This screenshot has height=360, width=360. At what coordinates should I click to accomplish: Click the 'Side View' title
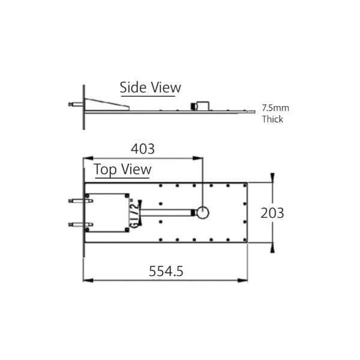[150, 87]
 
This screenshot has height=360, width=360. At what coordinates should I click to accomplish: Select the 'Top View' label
[122, 170]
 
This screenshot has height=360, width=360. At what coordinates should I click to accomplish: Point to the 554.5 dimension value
[166, 271]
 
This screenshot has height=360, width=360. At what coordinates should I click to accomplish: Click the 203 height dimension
[272, 212]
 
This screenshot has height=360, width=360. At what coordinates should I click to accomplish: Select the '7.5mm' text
[275, 109]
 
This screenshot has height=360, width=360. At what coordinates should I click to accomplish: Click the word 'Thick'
[272, 119]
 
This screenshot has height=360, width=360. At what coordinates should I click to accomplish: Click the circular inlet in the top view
[202, 212]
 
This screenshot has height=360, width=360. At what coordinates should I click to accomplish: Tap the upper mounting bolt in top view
[77, 201]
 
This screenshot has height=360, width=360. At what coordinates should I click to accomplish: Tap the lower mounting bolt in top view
[77, 224]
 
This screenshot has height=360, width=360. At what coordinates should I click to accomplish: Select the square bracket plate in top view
[108, 212]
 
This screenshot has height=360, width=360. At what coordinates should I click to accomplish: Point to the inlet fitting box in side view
[200, 106]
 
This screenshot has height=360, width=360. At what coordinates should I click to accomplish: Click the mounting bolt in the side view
[76, 105]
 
